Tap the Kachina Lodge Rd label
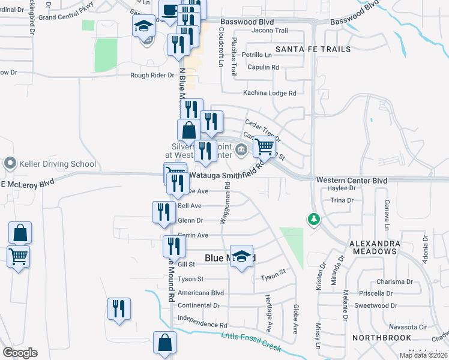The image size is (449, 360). tap(270, 93)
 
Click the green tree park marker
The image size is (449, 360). tap(313, 219)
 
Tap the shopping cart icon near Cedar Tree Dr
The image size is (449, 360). tap(264, 146)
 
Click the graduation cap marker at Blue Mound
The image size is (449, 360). tap(241, 256)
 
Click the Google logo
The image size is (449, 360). tap(20, 353)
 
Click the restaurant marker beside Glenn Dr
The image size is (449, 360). tap(163, 212)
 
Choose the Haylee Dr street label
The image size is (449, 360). tap(343, 188)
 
